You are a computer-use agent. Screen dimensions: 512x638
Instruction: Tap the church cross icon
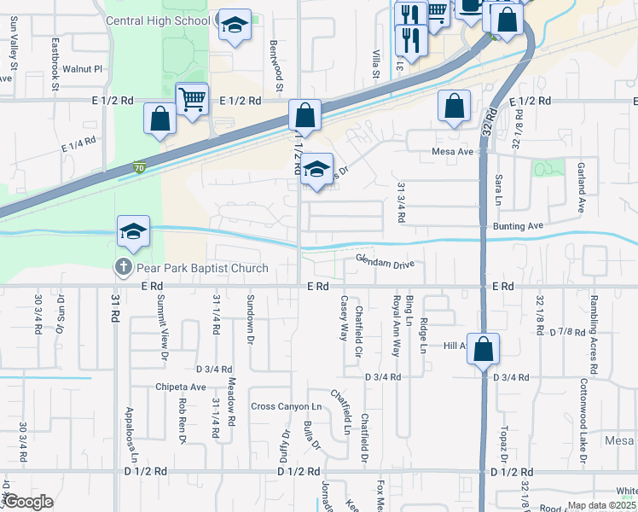(123, 268)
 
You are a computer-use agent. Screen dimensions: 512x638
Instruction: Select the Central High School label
(159, 20)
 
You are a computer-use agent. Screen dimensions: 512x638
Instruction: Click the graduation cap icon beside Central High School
(233, 26)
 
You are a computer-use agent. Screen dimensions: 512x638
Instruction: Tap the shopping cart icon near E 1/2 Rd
(193, 99)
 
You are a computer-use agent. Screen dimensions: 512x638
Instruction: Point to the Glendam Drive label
(385, 263)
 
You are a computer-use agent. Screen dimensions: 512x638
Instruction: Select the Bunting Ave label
(518, 226)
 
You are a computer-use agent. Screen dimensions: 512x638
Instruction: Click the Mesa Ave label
(453, 152)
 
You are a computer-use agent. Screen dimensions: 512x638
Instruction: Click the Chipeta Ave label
(181, 387)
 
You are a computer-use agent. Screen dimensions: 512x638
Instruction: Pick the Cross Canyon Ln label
(286, 406)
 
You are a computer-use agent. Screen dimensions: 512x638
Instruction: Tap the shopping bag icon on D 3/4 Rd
(483, 350)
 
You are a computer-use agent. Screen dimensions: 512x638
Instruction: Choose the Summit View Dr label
(162, 328)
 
